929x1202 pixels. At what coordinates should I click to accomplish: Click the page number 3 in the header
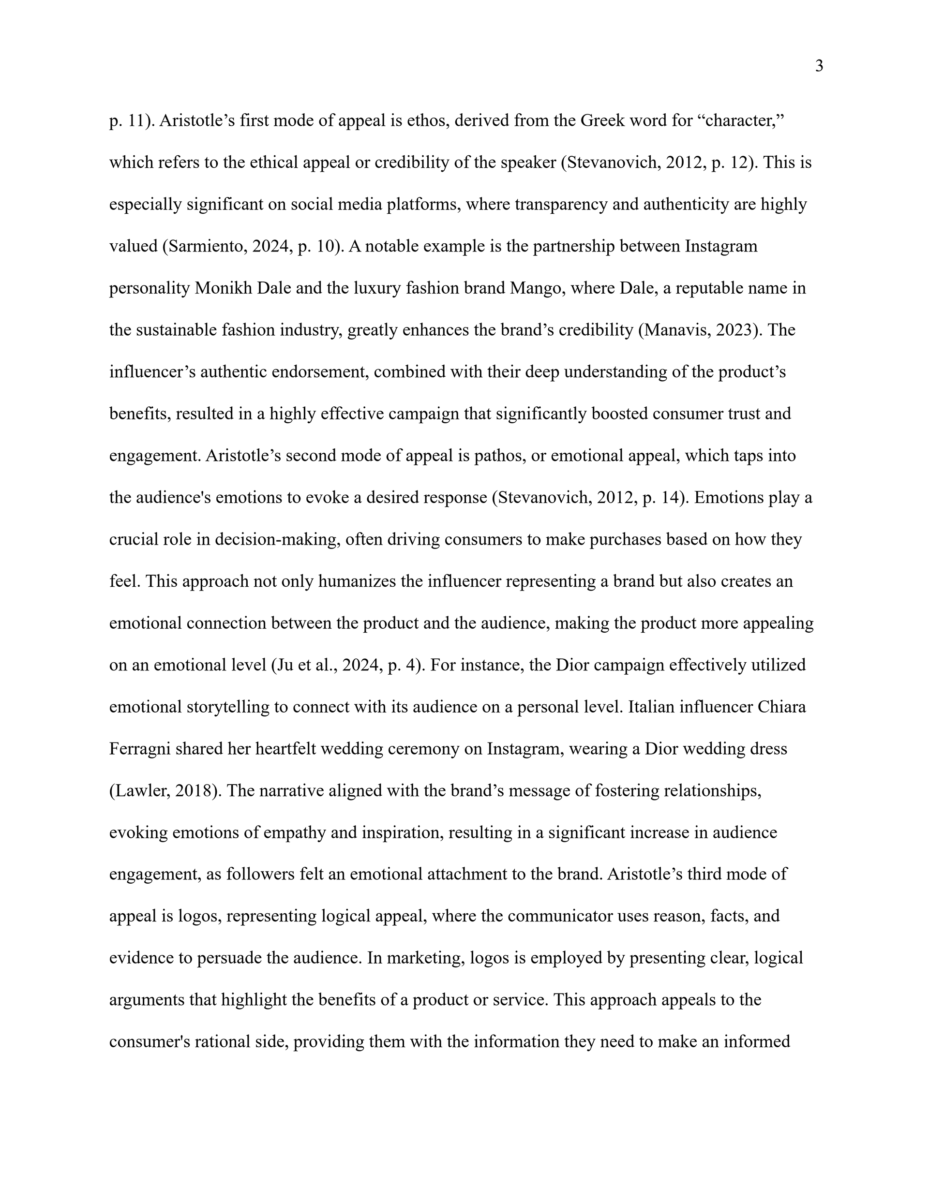[x=819, y=67]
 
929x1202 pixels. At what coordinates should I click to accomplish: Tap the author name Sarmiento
[x=205, y=246]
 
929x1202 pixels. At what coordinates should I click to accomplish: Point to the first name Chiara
[x=781, y=707]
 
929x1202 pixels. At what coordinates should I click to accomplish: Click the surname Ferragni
[x=140, y=749]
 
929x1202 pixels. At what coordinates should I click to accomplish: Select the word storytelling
[x=227, y=707]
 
